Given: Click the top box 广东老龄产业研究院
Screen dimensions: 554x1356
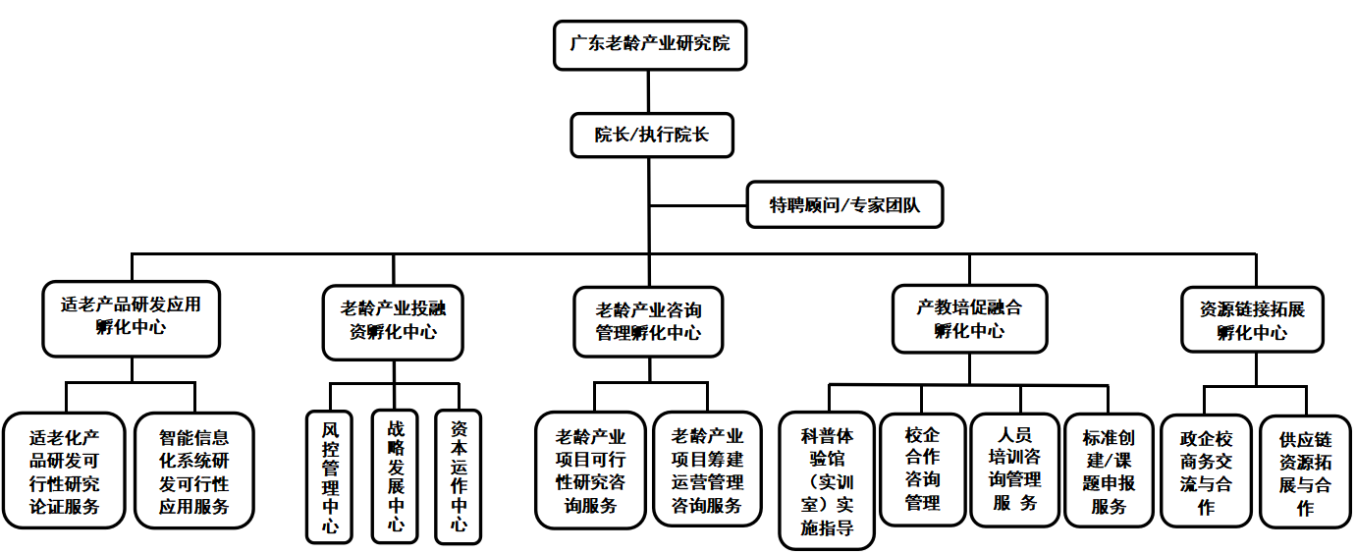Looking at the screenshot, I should [649, 45].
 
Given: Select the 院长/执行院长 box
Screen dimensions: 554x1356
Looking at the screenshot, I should [651, 136].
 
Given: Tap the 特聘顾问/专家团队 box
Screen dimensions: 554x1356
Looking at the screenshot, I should [844, 205].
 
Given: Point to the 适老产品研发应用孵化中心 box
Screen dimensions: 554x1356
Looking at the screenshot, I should [131, 317].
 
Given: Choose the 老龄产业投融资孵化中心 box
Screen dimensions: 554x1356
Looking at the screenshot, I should [393, 319].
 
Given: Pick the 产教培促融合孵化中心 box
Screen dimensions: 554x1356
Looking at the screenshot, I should [969, 318].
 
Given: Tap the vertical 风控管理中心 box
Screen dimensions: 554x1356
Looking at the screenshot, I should [330, 476].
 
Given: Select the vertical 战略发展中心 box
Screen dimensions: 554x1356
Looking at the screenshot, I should [395, 476].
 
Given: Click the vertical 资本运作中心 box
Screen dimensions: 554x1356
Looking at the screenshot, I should [459, 476].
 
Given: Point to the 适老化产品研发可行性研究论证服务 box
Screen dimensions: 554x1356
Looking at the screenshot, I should [65, 471].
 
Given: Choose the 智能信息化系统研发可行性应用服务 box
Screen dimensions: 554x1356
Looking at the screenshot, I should [194, 471].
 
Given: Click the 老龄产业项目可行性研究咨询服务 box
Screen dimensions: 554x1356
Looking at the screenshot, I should [591, 471].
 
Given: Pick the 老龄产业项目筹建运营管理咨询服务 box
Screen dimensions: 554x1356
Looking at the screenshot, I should [707, 471].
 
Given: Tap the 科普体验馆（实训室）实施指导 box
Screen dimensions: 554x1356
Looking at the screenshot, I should [827, 480].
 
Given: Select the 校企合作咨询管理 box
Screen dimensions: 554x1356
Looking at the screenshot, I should [922, 470].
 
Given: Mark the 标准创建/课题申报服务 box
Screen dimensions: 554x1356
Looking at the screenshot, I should [1109, 471].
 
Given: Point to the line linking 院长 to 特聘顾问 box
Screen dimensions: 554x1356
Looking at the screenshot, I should [698, 206].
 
